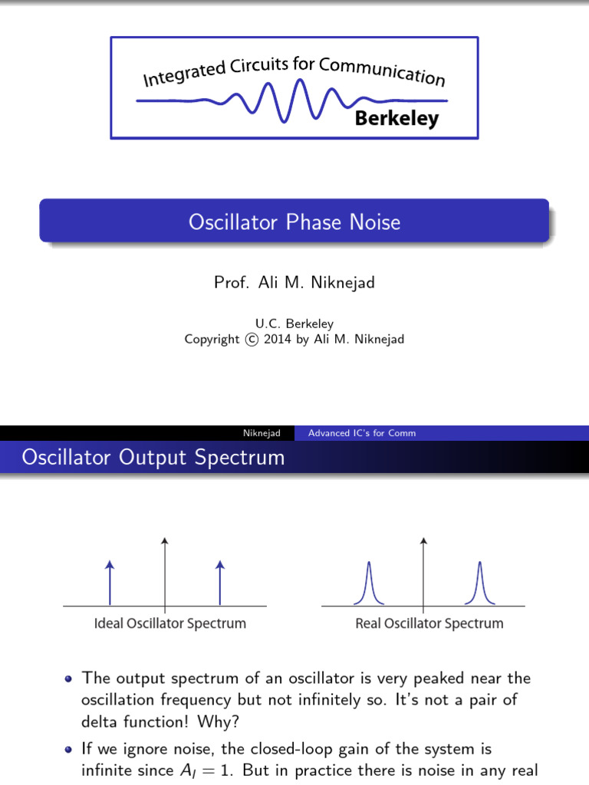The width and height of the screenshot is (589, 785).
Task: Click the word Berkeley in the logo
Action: point(397,119)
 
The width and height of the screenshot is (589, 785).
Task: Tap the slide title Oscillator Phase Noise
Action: point(294,222)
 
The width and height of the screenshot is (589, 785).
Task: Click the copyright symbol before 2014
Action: point(252,339)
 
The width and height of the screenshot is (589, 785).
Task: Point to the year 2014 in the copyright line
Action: point(278,339)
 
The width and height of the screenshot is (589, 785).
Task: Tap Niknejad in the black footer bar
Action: point(262,433)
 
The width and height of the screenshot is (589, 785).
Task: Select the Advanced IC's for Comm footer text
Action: point(362,433)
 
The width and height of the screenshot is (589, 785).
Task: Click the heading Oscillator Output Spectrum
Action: point(153,458)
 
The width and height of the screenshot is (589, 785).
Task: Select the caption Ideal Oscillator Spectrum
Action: point(169,623)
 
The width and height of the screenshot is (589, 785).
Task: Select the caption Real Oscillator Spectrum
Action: point(429,623)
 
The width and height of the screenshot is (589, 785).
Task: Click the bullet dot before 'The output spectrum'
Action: point(70,678)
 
